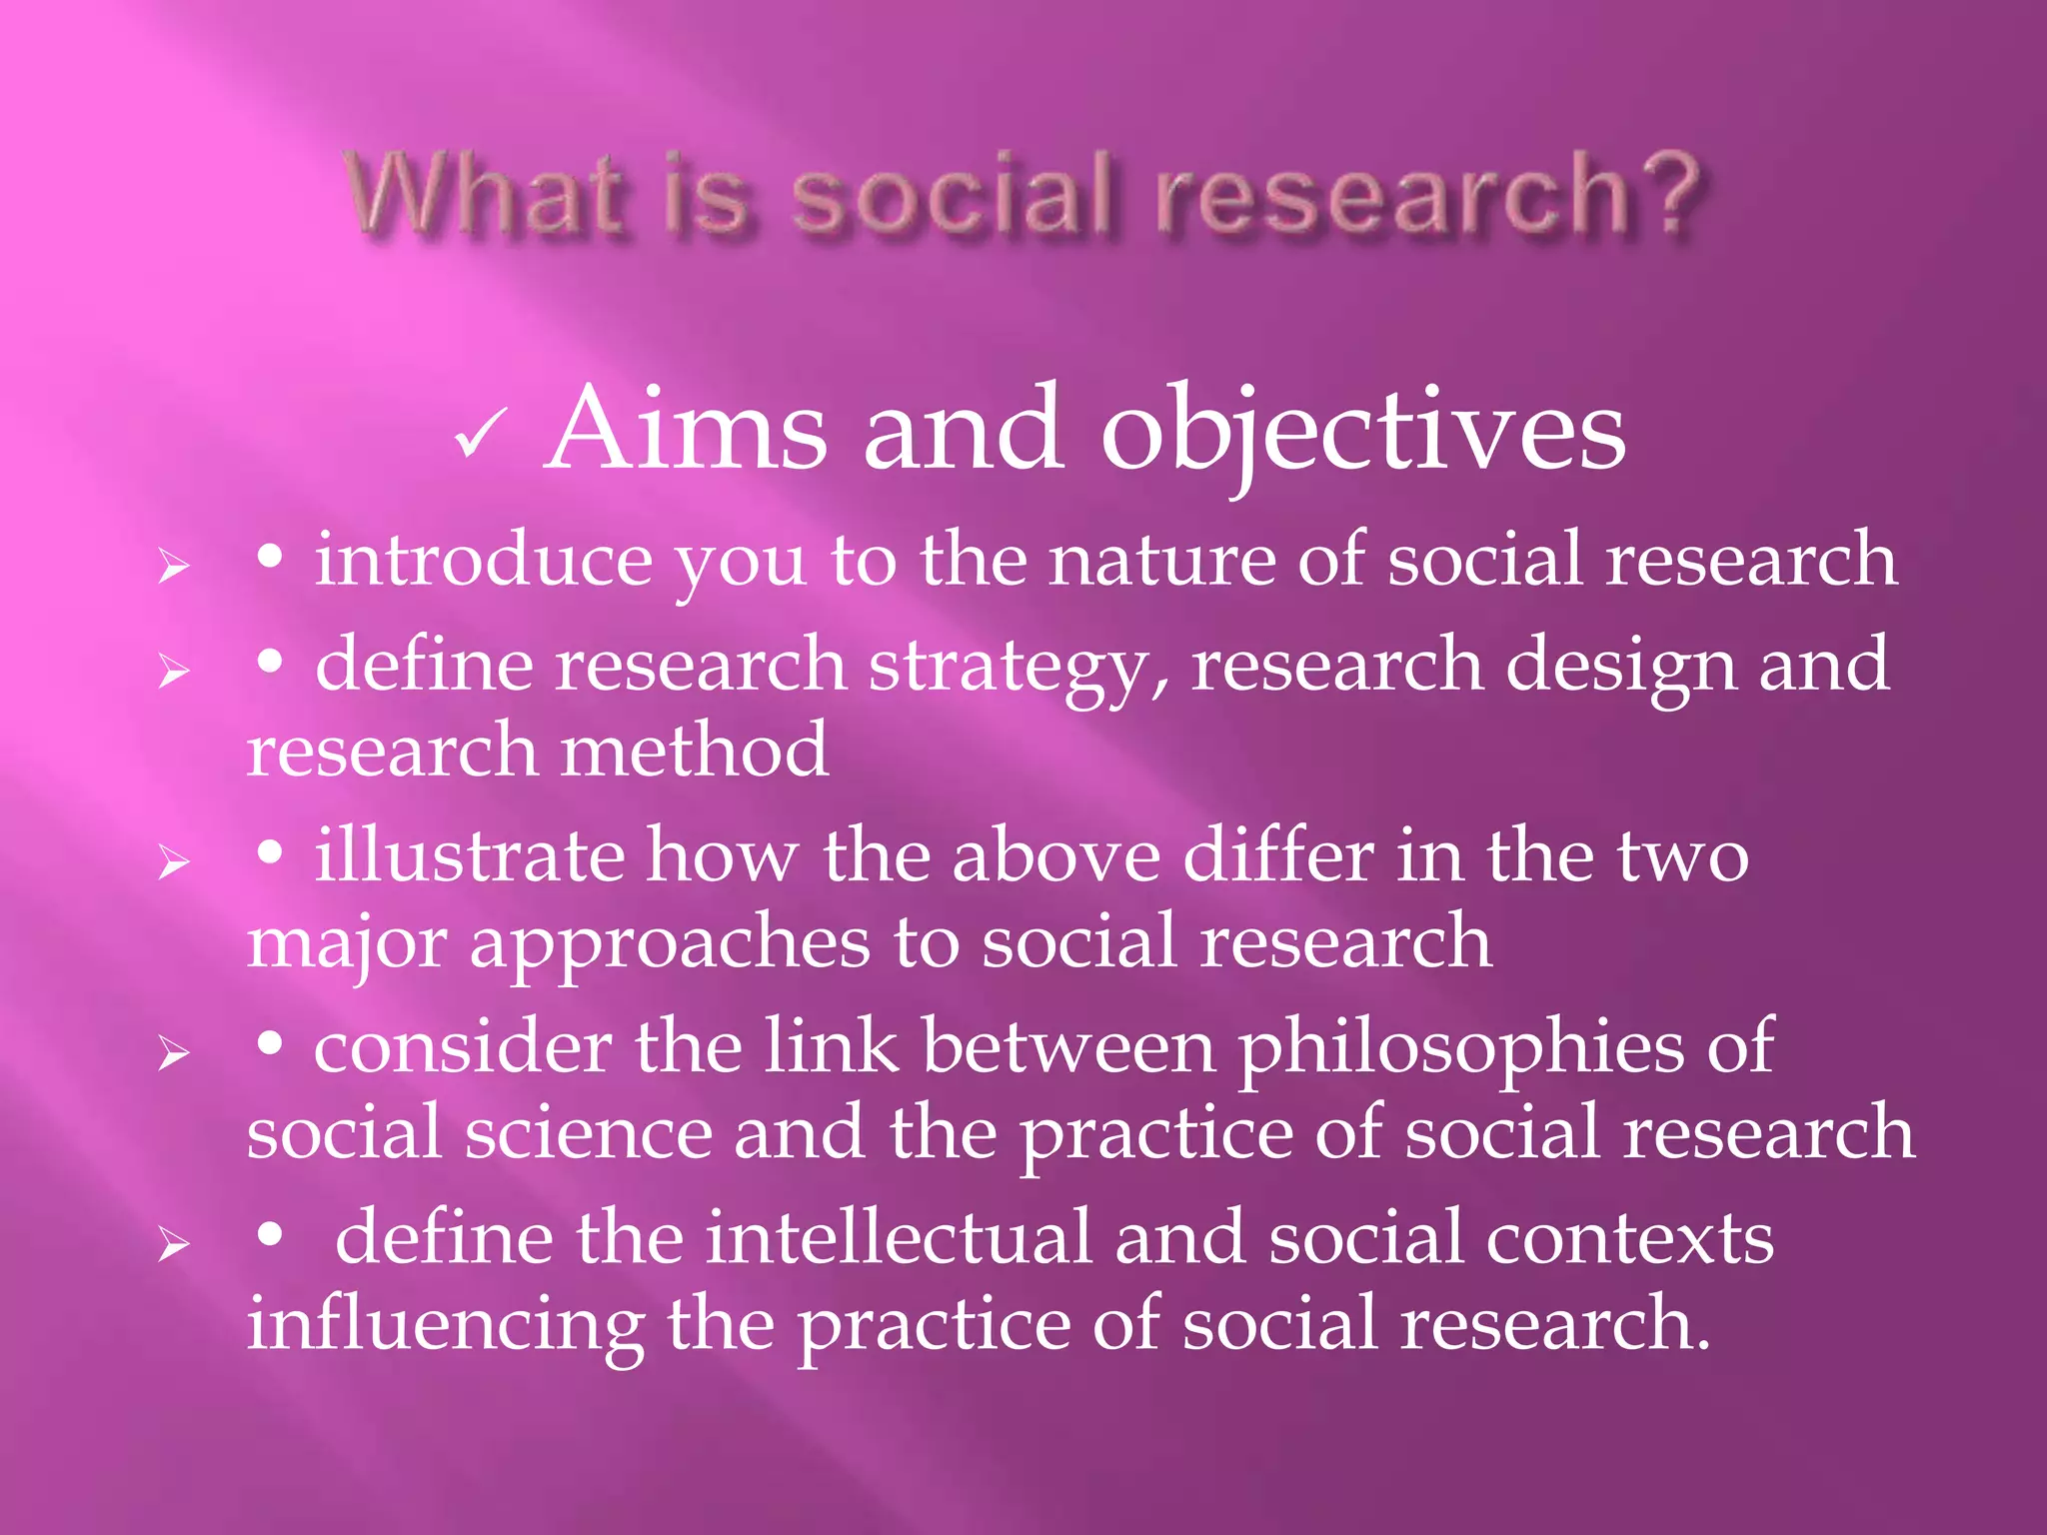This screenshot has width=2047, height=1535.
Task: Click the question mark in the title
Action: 1666,193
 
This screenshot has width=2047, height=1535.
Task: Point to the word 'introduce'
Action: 484,560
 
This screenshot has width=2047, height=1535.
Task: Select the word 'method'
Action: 694,751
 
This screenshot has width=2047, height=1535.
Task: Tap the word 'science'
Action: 589,1133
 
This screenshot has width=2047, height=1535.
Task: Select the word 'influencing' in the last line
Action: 445,1325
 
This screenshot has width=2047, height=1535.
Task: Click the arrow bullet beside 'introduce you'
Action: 174,567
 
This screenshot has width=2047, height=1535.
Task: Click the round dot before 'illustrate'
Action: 269,850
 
